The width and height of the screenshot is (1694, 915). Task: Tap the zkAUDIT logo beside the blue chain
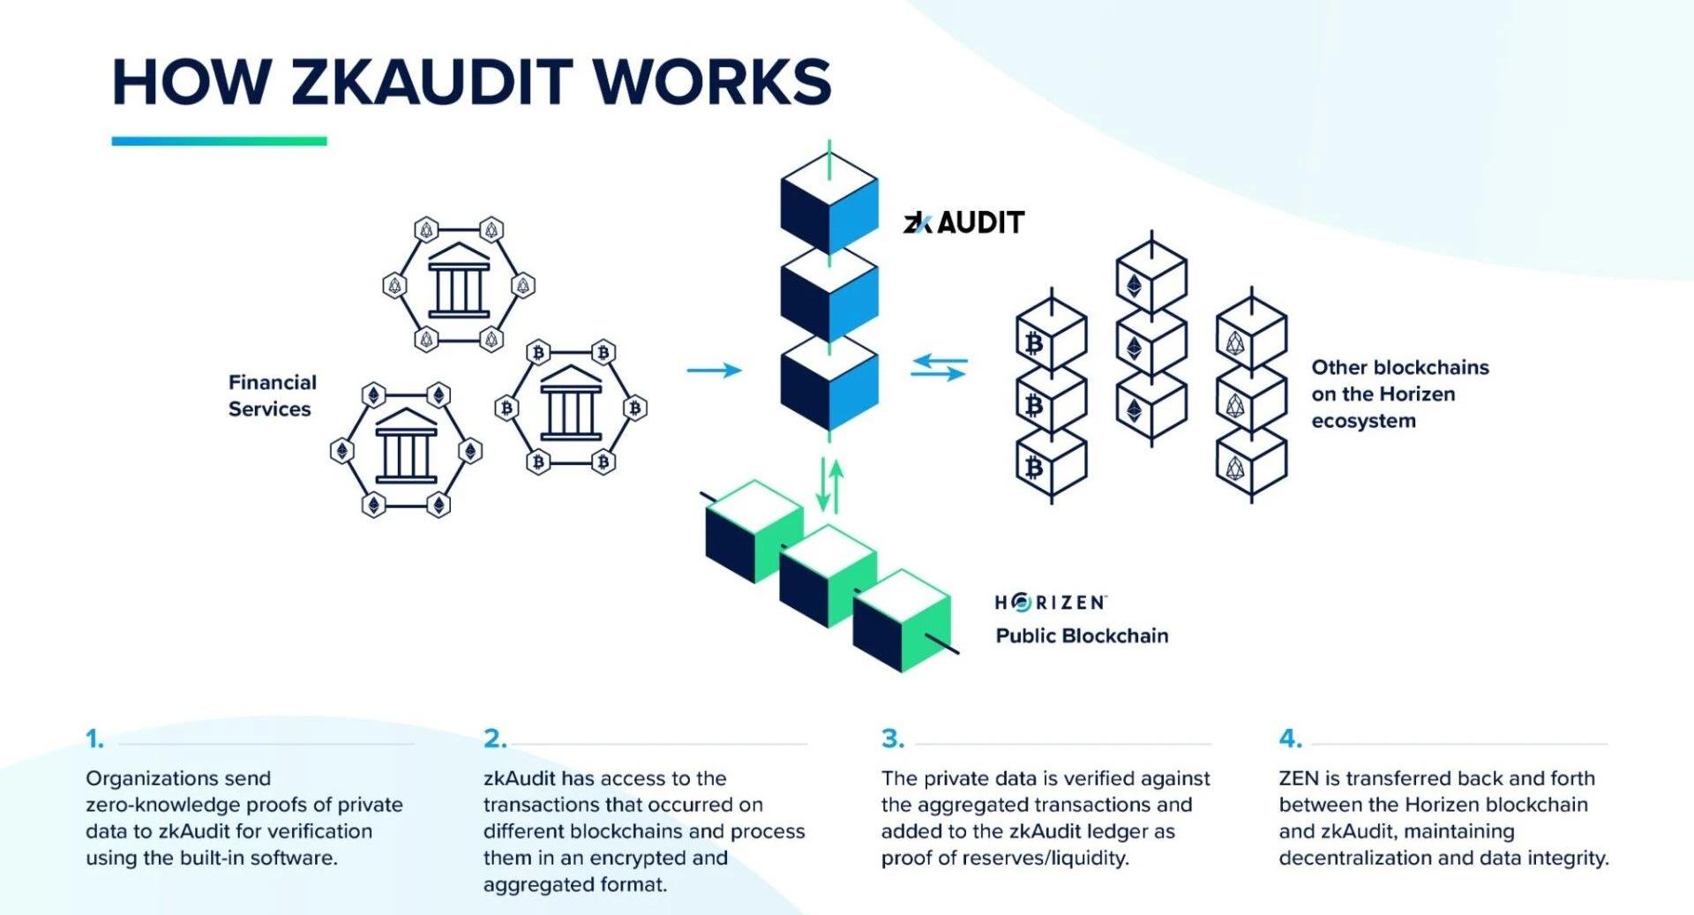pos(963,222)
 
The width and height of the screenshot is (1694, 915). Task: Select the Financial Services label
pos(272,395)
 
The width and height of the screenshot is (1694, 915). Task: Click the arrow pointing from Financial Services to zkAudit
pos(714,370)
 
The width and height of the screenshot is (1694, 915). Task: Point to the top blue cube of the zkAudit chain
pos(829,203)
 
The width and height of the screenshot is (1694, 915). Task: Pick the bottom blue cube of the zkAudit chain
pos(829,386)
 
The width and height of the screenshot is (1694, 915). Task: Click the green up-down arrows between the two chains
pos(829,484)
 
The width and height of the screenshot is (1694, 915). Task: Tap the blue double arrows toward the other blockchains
pos(939,367)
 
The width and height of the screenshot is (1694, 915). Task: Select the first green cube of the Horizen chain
pos(754,531)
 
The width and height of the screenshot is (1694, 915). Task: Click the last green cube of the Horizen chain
pos(902,620)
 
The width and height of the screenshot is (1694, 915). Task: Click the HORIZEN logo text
pos(1050,603)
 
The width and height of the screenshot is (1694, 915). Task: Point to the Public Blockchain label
pos(1082,636)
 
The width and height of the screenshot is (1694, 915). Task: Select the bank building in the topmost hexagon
pos(459,281)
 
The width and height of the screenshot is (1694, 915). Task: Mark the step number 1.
pos(94,739)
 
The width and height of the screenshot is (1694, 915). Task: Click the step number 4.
pos(1290,739)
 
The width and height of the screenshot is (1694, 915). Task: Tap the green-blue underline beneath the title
pos(219,141)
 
